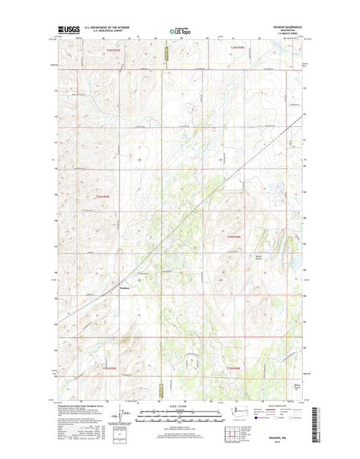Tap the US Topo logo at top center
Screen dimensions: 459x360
pos(180,30)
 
